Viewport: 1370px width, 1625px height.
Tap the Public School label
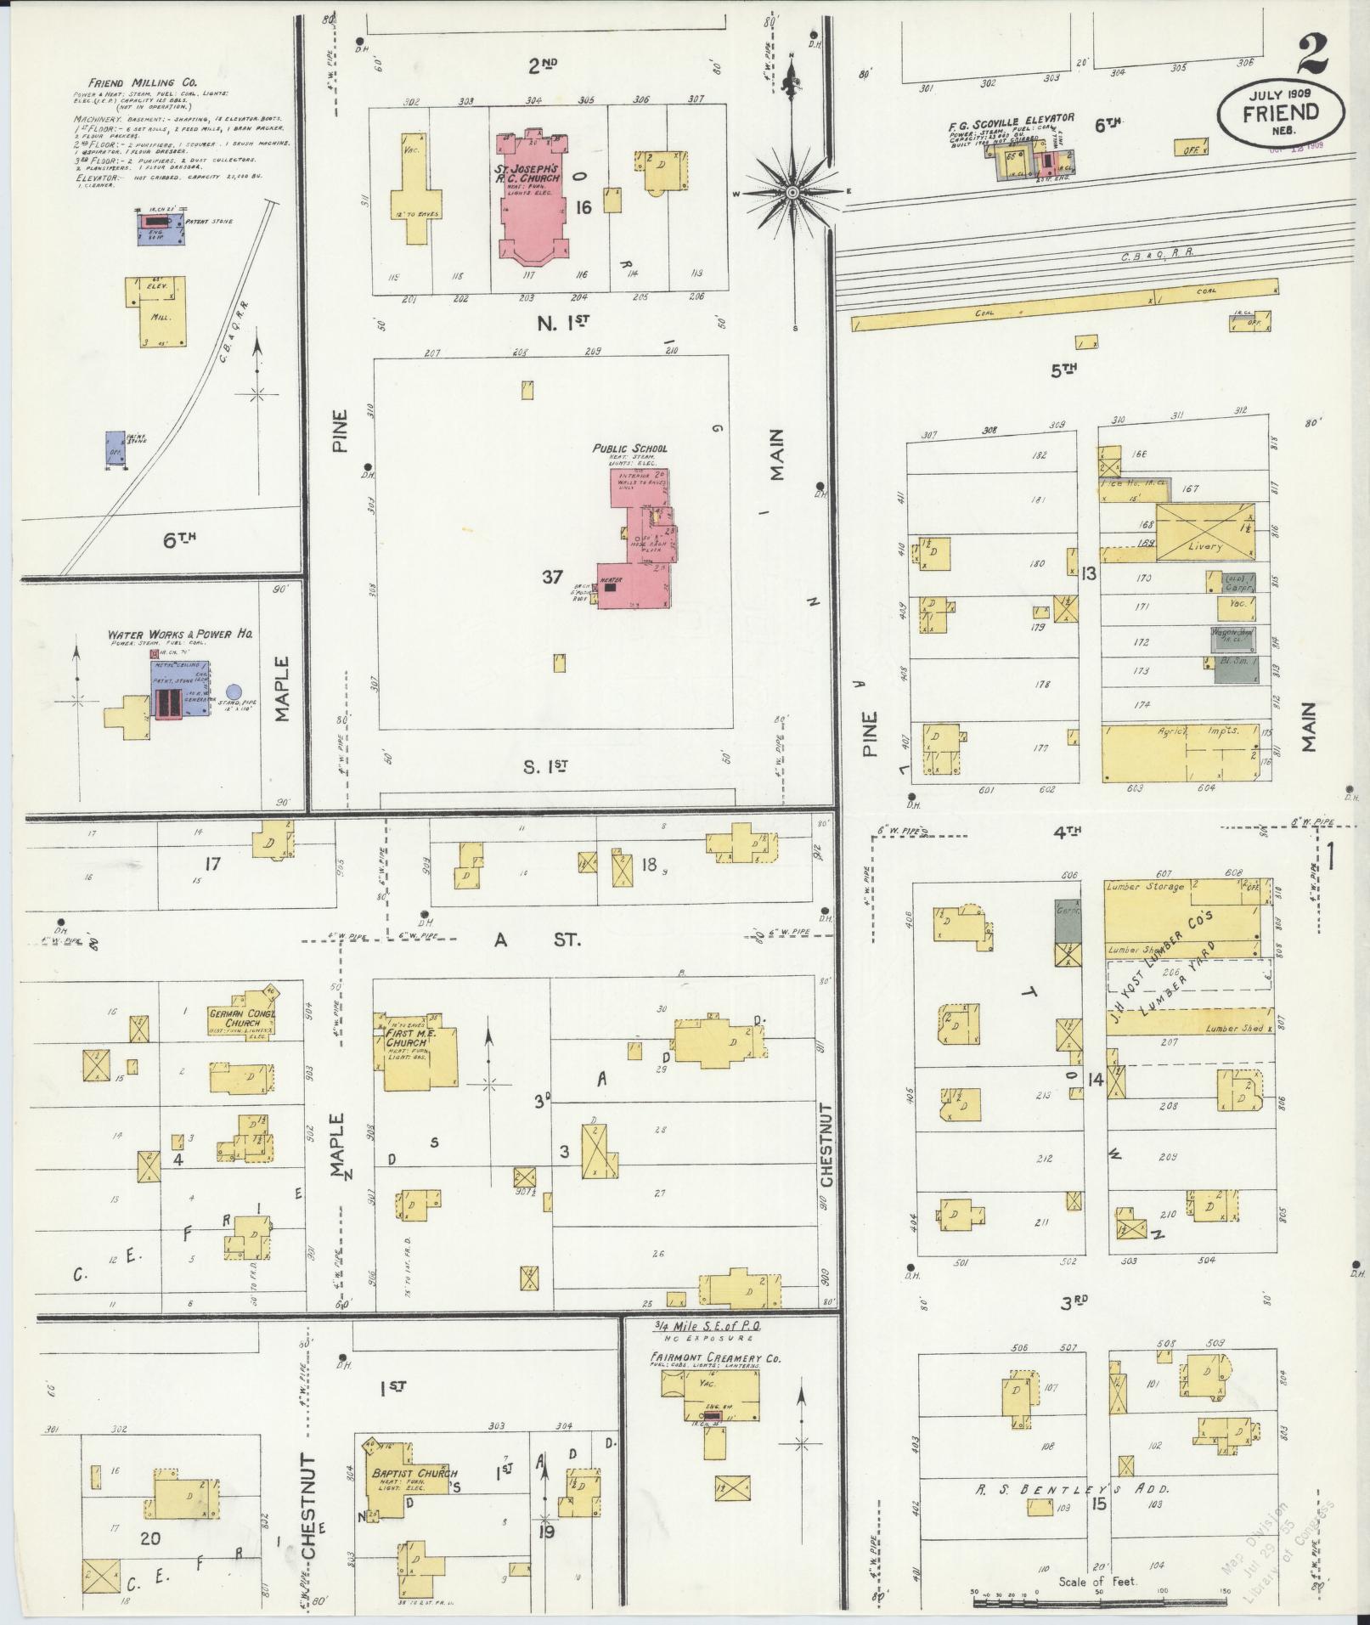point(629,449)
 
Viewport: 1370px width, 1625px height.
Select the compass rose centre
point(792,192)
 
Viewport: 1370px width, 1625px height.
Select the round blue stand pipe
point(234,691)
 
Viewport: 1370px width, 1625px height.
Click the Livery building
point(1205,533)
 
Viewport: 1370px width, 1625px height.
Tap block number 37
point(553,578)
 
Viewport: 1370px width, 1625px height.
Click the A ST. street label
point(538,939)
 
